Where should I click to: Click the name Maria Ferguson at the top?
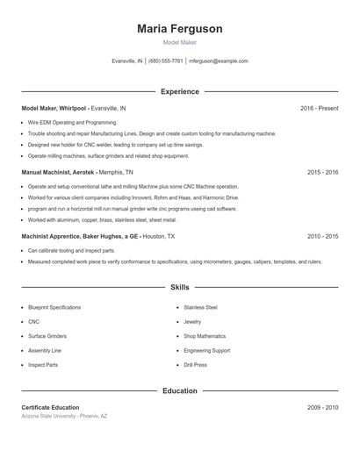(x=180, y=29)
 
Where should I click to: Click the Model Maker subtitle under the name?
(x=180, y=43)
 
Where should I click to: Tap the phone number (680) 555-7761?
(x=166, y=61)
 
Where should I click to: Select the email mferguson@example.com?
(x=219, y=61)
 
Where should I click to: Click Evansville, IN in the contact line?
(x=127, y=61)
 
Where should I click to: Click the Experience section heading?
(x=180, y=91)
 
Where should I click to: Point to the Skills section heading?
(x=180, y=287)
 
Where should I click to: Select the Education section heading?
(x=180, y=390)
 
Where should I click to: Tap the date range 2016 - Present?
(x=319, y=108)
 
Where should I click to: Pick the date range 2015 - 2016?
(x=322, y=173)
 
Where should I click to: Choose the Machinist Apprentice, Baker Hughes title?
(x=78, y=237)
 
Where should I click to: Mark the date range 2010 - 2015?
(x=322, y=237)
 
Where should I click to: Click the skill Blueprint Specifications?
(x=54, y=308)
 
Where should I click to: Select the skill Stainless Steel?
(x=200, y=308)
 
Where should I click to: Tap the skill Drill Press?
(x=195, y=365)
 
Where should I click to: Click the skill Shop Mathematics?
(x=205, y=336)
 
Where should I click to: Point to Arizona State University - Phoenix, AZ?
(x=64, y=416)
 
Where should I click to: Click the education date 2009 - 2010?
(x=322, y=408)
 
